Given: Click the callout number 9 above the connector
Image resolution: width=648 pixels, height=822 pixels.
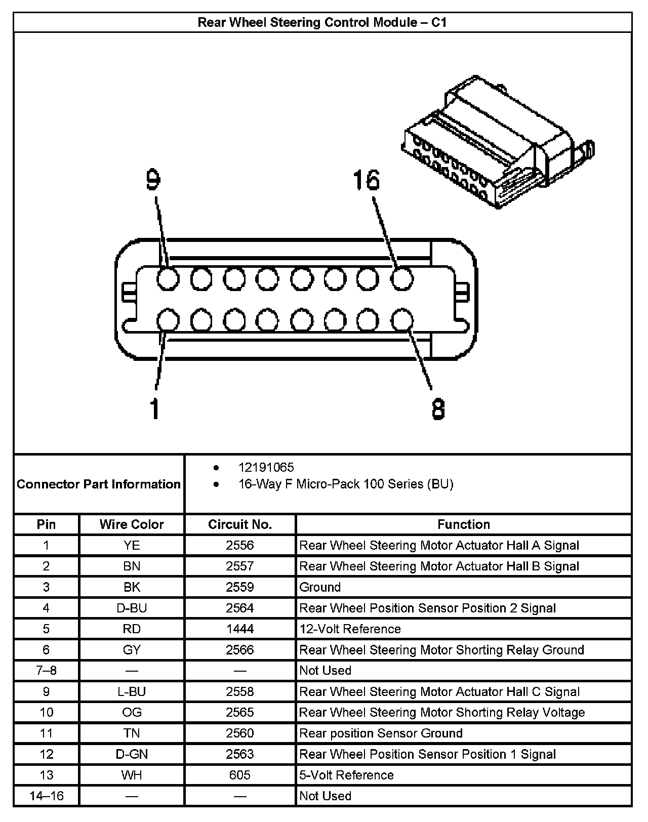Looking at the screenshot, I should [x=153, y=180].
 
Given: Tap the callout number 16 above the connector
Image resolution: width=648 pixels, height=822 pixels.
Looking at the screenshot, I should [x=366, y=180].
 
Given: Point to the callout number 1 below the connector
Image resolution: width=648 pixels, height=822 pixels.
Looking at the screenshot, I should [x=155, y=408].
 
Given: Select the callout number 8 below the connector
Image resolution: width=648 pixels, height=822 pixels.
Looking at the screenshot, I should [x=438, y=408].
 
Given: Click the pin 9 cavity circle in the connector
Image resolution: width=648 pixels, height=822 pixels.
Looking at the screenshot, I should [x=168, y=278].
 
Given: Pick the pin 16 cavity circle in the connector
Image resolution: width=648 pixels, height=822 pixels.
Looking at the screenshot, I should [x=402, y=278].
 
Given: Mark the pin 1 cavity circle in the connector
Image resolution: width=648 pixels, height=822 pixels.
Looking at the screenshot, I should [x=168, y=320].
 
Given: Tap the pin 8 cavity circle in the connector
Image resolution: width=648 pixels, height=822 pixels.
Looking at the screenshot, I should [x=402, y=320].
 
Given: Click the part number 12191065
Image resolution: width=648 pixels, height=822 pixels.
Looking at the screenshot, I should [x=266, y=467].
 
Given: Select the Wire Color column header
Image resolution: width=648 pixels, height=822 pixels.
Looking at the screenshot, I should [x=132, y=524].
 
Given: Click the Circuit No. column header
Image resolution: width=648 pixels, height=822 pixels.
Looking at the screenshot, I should [x=240, y=524].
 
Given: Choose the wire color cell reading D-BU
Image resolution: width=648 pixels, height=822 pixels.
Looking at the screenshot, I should [x=132, y=608].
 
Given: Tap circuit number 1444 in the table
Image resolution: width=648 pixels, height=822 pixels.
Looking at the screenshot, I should [x=240, y=629].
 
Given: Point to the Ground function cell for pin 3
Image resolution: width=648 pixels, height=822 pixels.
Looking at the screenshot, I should [x=320, y=587].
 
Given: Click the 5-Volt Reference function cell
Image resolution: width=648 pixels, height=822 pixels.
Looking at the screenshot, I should [x=346, y=775].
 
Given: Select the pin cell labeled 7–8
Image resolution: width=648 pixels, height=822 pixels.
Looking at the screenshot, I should [x=46, y=671].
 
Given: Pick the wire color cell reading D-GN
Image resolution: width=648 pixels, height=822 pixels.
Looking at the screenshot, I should [x=132, y=754].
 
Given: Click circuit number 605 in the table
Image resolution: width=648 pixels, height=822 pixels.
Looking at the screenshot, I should [x=240, y=775].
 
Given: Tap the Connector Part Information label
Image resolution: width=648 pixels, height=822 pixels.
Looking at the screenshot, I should [x=99, y=484].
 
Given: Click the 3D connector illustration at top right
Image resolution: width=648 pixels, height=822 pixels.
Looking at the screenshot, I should [x=499, y=144].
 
